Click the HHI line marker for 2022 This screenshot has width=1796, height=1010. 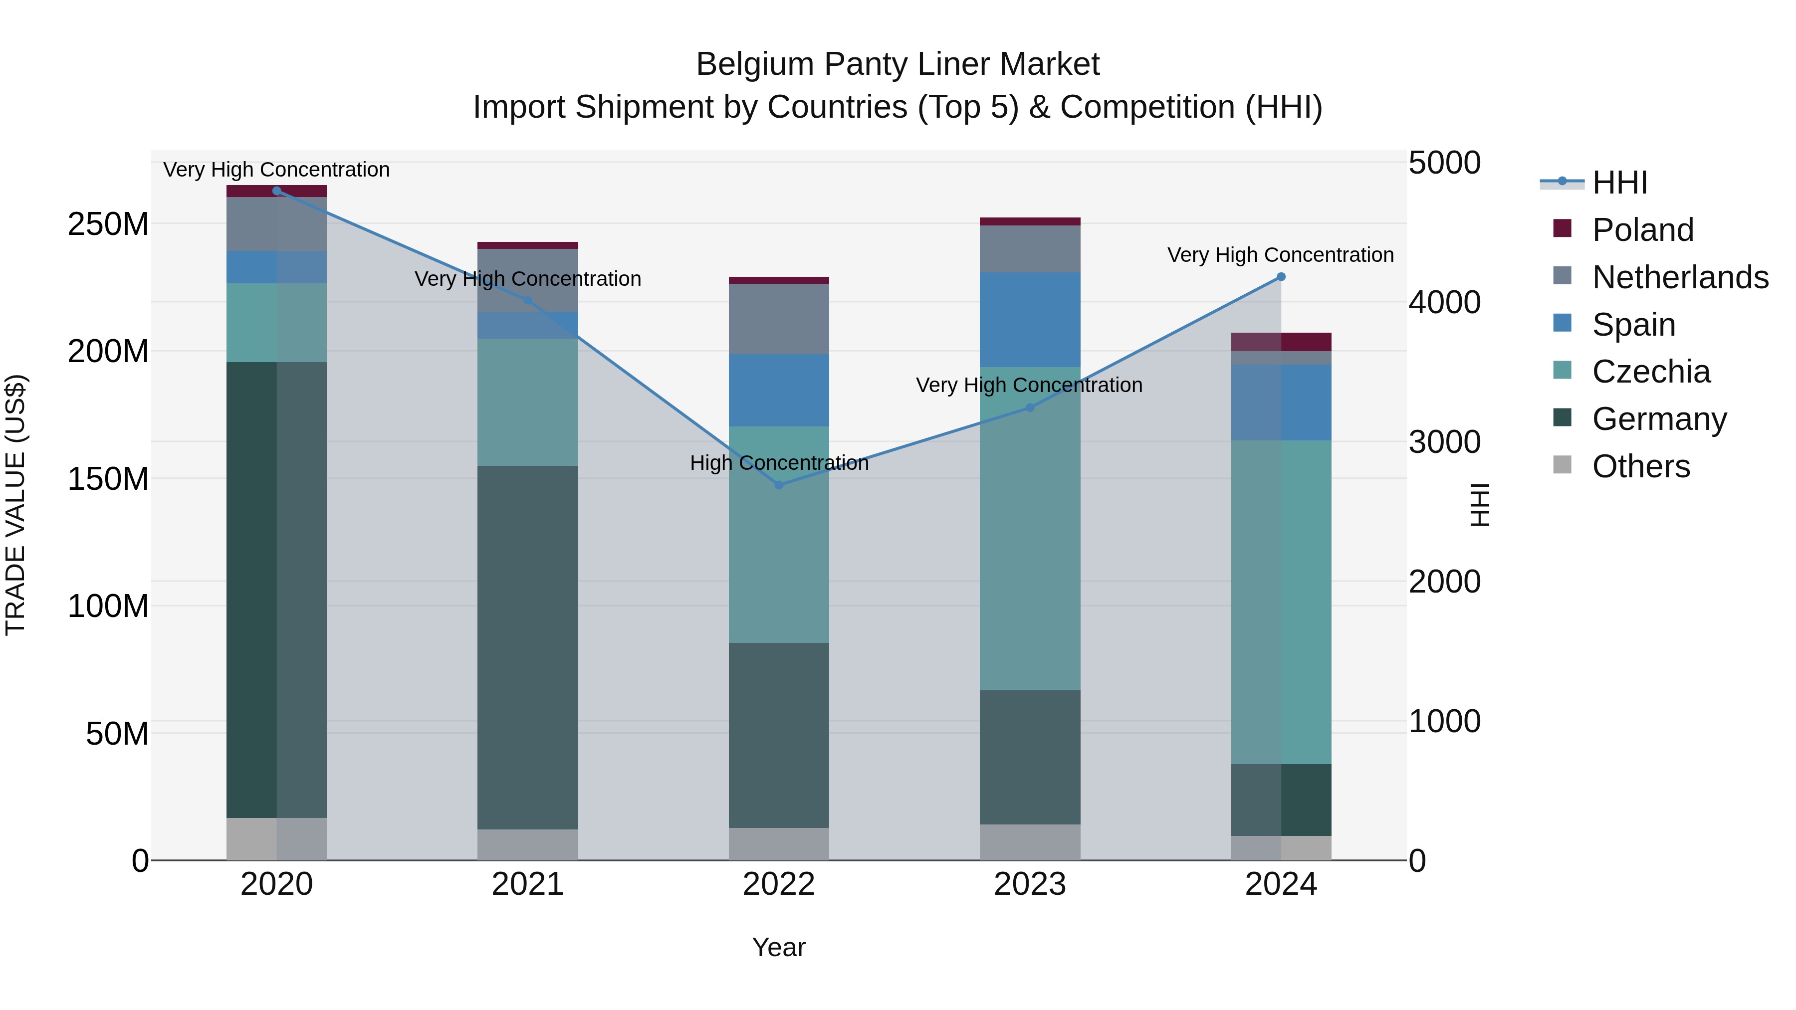click(779, 484)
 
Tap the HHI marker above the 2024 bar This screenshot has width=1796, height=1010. click(1281, 277)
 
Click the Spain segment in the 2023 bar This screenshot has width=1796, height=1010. click(1030, 319)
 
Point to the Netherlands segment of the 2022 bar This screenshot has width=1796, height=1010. click(779, 319)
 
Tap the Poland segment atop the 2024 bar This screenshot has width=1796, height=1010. click(1281, 342)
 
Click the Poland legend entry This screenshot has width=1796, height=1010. click(1642, 230)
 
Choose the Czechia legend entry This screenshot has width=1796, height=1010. click(1650, 372)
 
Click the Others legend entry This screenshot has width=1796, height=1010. click(1640, 466)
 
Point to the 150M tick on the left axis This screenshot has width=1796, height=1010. click(108, 479)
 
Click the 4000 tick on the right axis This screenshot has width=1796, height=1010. click(1444, 303)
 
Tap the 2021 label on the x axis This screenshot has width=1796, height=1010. click(528, 884)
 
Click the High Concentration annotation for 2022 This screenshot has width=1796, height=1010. click(779, 463)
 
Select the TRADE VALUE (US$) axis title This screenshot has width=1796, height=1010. click(15, 505)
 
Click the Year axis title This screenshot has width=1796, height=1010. click(779, 947)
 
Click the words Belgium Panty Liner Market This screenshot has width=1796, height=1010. click(898, 64)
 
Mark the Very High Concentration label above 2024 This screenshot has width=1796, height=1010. click(1280, 255)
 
